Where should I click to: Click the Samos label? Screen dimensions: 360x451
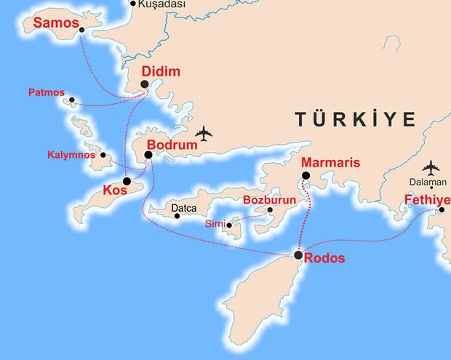[x=56, y=24]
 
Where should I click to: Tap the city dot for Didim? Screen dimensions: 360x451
[x=145, y=84]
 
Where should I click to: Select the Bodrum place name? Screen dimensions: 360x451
[x=172, y=145]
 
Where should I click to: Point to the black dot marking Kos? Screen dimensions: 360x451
[x=127, y=181]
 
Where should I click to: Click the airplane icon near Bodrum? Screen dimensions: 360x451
[x=204, y=134]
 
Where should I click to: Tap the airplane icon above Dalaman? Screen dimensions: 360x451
[x=431, y=167]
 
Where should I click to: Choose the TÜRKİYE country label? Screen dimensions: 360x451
[x=355, y=119]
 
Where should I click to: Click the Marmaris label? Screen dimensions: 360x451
[x=330, y=162]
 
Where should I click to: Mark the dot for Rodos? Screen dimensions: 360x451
[x=298, y=255]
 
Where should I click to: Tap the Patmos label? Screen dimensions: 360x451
[x=47, y=93]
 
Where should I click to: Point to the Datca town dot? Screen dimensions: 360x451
[x=177, y=216]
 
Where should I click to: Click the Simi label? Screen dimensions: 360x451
[x=215, y=223]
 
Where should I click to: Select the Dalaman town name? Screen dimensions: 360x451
[x=428, y=183]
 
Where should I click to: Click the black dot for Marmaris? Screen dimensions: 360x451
[x=306, y=175]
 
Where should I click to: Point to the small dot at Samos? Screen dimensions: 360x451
[x=81, y=30]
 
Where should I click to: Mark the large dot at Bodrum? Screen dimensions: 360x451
[x=148, y=154]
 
